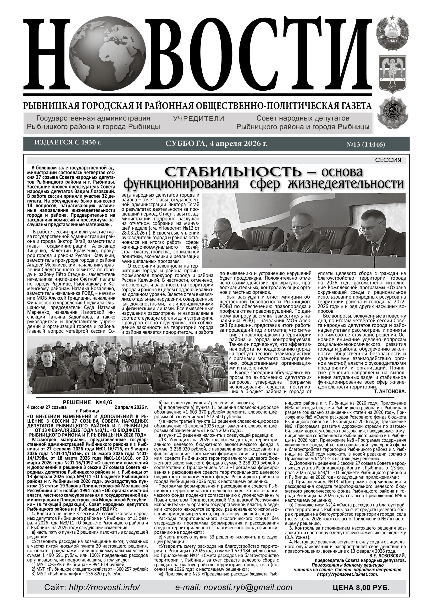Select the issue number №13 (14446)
point(366,145)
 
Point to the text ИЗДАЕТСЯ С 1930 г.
point(68,143)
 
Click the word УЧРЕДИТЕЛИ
point(199,118)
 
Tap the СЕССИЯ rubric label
point(388,160)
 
